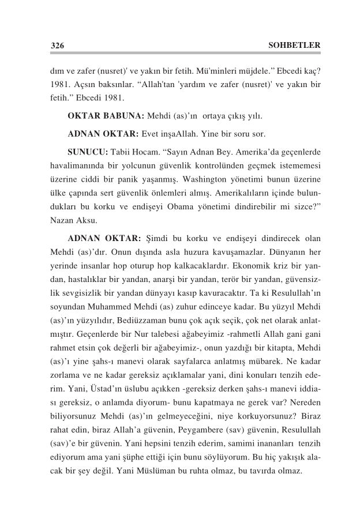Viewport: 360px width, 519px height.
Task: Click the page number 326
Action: tap(57, 45)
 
